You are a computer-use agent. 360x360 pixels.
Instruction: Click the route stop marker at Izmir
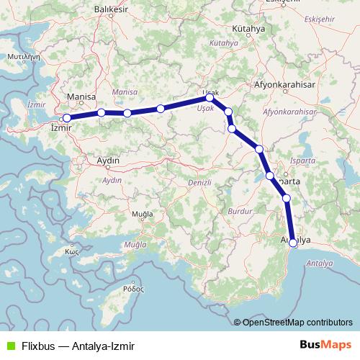click(x=66, y=117)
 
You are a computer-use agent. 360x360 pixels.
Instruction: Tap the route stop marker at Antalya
click(x=293, y=243)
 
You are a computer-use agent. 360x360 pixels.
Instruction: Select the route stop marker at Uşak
click(x=210, y=97)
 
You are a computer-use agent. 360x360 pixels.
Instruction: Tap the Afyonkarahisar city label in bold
click(x=286, y=84)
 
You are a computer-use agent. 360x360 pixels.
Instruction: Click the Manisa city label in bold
click(x=81, y=96)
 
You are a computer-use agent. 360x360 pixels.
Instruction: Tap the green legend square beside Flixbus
click(x=9, y=346)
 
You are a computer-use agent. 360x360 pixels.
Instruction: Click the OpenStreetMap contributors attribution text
click(x=297, y=323)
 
